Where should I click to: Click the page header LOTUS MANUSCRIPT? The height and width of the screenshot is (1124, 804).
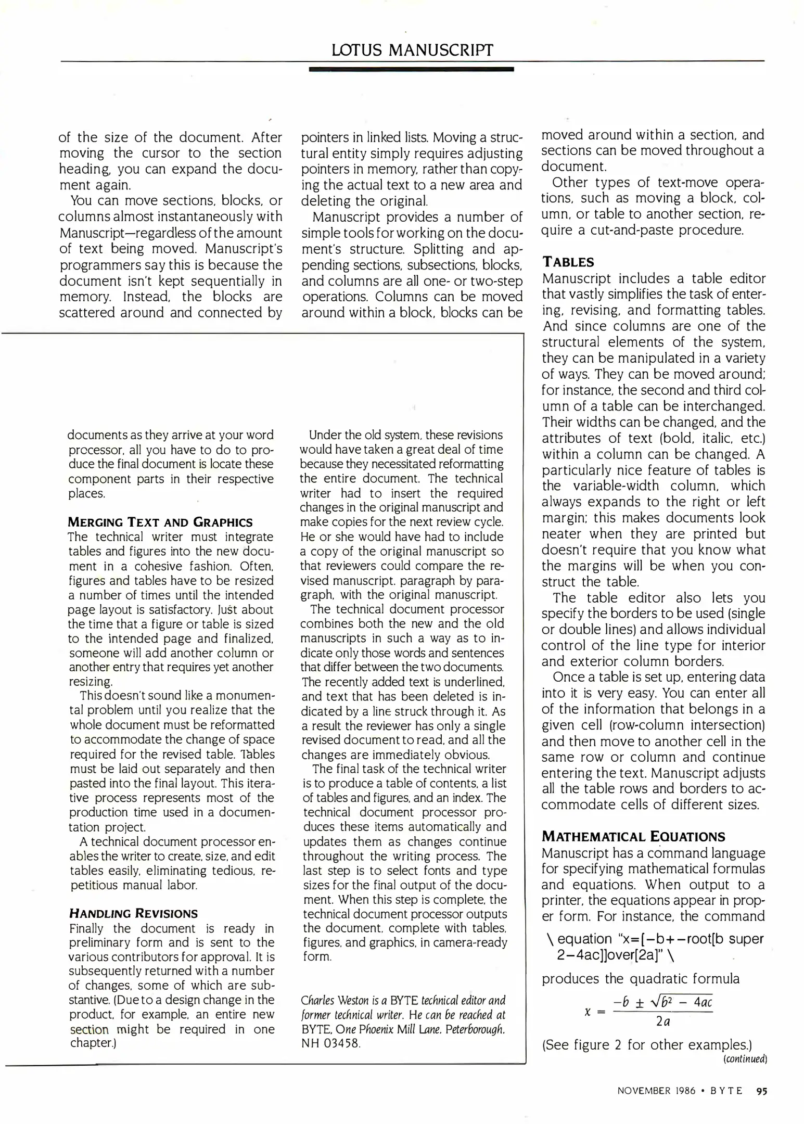pos(412,50)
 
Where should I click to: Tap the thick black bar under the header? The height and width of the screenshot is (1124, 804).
pos(411,69)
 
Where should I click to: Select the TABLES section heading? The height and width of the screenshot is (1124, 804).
pos(568,262)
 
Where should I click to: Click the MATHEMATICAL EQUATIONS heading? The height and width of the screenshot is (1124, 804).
pos(633,837)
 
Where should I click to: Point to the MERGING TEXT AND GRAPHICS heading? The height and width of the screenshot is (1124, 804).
pos(160,522)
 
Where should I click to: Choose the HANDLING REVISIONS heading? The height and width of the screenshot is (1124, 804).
pos(133,914)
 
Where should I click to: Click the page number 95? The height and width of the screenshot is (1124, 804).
pos(762,1091)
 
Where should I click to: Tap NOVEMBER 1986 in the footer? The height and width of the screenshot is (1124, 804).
pos(656,1091)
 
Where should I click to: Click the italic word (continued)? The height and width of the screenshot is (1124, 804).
pos(745,1059)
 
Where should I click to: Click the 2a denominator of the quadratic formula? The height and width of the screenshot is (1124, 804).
pos(662,1021)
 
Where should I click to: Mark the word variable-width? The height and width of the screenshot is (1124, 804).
pos(616,486)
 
